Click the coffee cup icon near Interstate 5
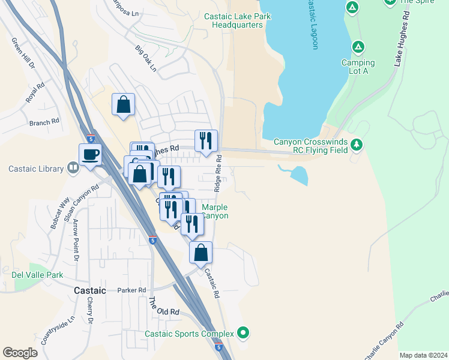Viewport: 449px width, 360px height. click(x=90, y=155)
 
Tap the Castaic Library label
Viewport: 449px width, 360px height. click(x=35, y=169)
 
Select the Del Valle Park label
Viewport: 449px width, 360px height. click(x=37, y=275)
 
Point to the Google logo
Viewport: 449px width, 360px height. click(x=20, y=353)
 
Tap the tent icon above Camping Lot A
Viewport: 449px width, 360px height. click(x=358, y=47)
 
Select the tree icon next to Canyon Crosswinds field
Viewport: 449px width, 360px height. click(x=357, y=144)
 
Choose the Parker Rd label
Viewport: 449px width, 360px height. click(x=132, y=290)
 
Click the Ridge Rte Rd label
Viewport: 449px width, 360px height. click(x=219, y=175)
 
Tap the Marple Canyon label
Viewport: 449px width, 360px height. click(x=214, y=211)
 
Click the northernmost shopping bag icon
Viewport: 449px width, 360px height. click(x=123, y=104)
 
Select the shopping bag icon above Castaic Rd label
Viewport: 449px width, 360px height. click(x=201, y=253)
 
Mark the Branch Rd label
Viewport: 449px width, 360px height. click(x=44, y=122)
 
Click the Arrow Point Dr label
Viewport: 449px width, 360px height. click(x=76, y=241)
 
